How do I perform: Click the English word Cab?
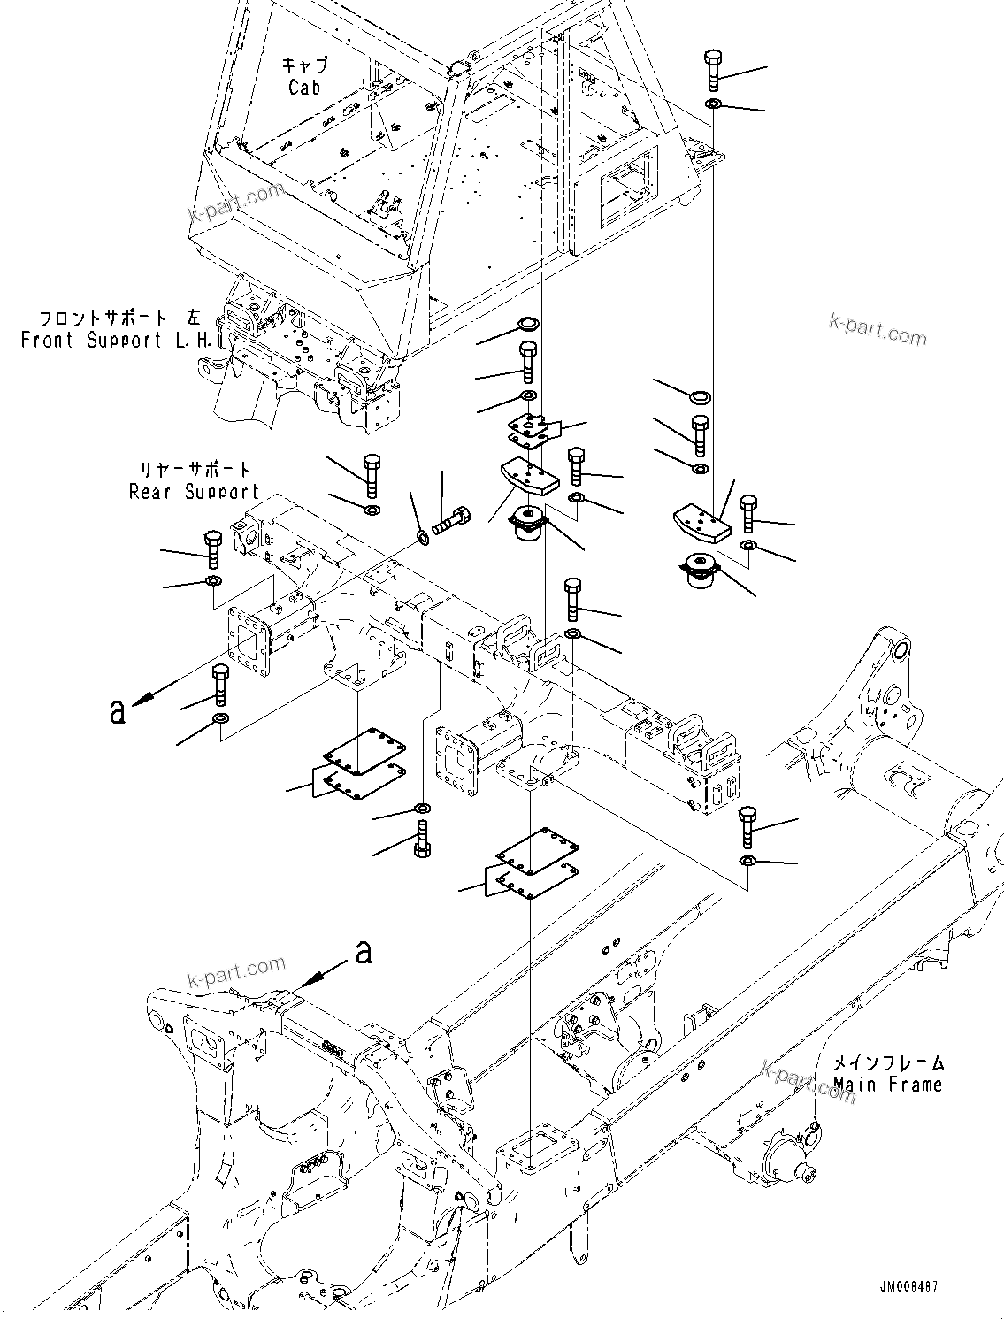click(303, 87)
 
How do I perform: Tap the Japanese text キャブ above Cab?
click(304, 65)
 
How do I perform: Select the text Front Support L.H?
click(116, 341)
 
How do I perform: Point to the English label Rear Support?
click(194, 492)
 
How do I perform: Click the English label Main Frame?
click(887, 1084)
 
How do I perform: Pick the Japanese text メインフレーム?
click(888, 1062)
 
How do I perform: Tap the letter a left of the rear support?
click(117, 710)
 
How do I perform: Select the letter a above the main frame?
click(363, 952)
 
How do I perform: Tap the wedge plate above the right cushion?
click(701, 519)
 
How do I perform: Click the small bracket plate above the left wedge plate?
click(532, 431)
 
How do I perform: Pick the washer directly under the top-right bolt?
click(714, 105)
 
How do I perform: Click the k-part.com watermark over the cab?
click(236, 203)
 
